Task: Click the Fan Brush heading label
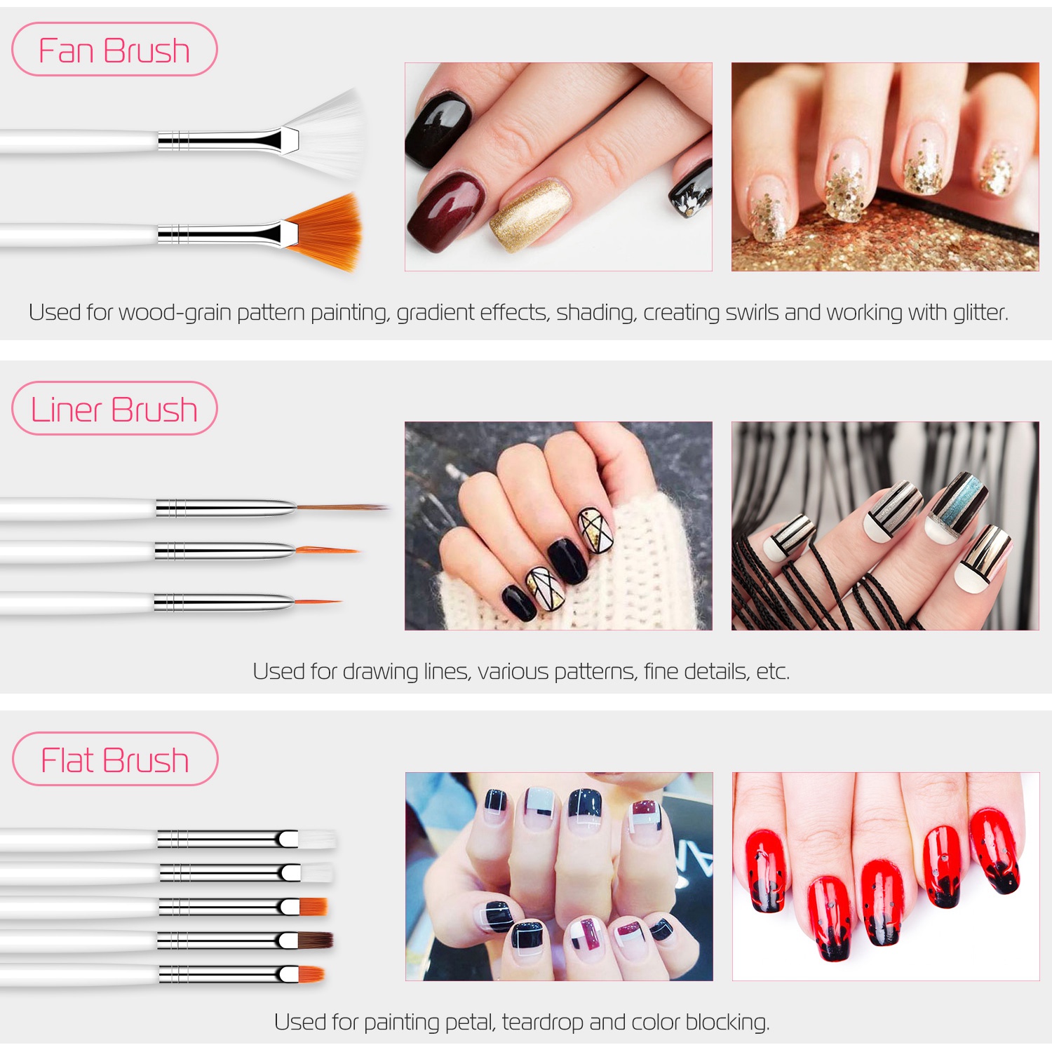coord(114,50)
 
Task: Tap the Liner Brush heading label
coord(114,409)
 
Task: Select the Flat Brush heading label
coord(115,760)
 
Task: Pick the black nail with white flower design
coord(690,189)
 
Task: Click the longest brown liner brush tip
coord(342,506)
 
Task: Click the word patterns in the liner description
coord(595,672)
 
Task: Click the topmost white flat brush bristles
coord(317,839)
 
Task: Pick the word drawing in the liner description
coord(380,672)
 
